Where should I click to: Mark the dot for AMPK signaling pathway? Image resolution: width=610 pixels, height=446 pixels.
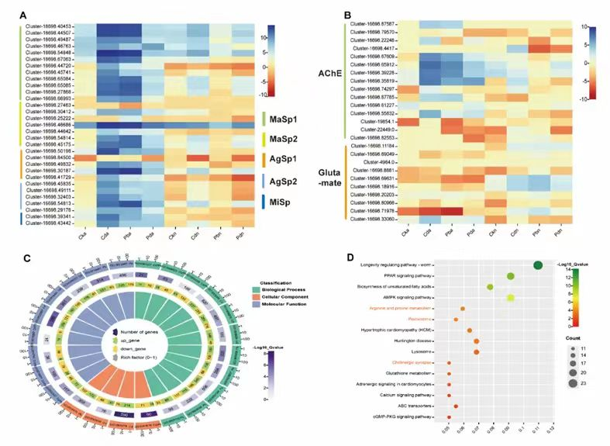tap(511, 298)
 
